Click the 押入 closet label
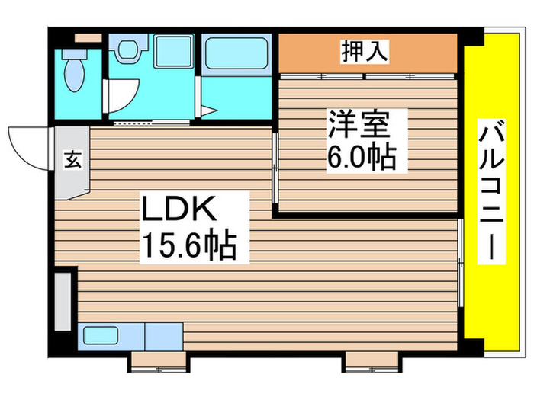tap(365, 52)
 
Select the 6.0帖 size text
tap(362, 157)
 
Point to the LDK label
tap(182, 208)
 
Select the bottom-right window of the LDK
tap(371, 360)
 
